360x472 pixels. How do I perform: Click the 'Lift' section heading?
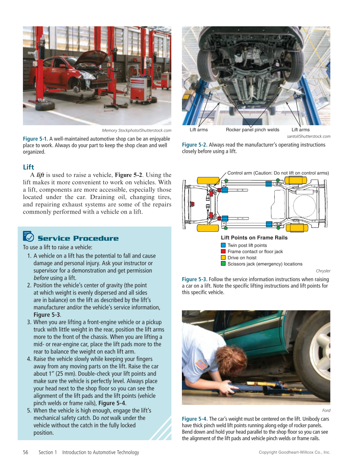[28, 167]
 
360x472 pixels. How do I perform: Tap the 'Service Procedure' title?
[78, 238]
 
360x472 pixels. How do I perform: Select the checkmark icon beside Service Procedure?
[28, 236]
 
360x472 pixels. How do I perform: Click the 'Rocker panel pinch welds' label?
[252, 129]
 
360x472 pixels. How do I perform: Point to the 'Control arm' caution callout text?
[278, 173]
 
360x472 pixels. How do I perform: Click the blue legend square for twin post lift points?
[223, 245]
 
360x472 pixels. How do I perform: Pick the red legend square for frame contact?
[223, 251]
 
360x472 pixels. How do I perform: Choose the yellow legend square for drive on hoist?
[223, 258]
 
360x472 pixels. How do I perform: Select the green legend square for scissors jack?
[223, 264]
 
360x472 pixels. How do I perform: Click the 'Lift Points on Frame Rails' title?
[254, 238]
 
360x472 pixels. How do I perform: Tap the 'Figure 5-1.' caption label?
[35, 139]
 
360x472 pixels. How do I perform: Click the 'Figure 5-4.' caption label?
[195, 419]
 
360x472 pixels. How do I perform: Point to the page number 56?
[26, 452]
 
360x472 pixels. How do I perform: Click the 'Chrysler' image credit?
[323, 271]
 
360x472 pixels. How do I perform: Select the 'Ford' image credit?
[326, 410]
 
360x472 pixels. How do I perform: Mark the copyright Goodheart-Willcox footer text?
[294, 452]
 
